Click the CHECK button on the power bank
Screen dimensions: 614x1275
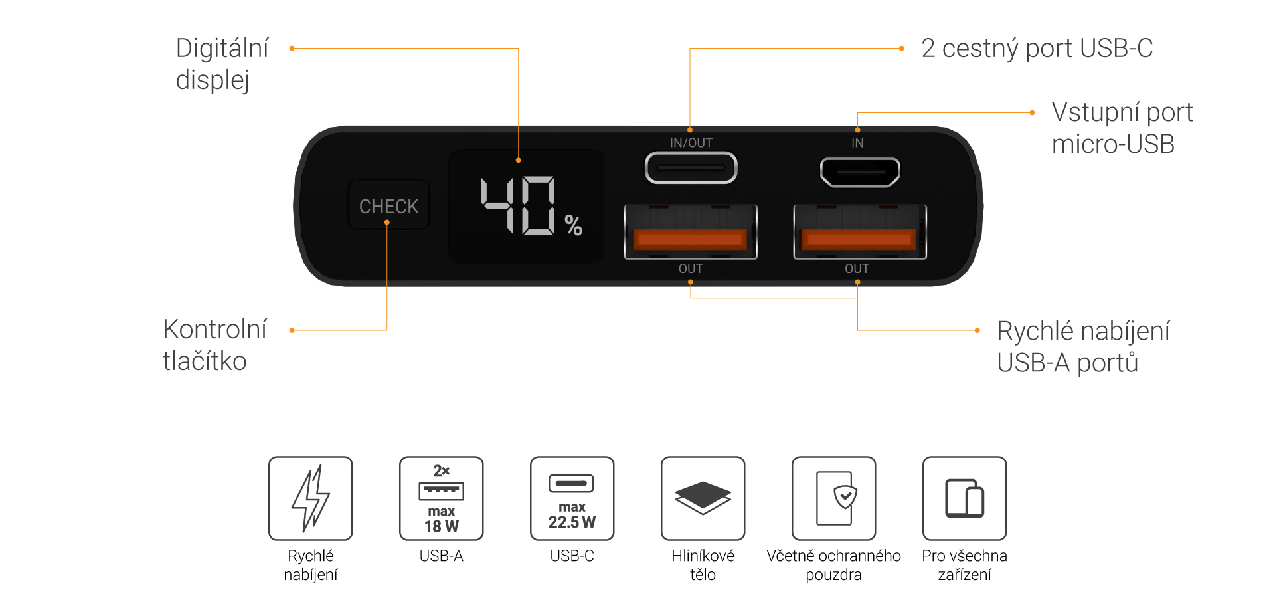point(389,206)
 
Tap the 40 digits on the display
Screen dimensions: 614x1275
point(518,205)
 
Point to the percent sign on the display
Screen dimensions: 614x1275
point(574,225)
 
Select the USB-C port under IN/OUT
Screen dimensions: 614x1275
point(691,168)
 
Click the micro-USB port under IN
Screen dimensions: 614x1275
point(860,172)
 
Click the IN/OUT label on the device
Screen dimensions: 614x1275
point(691,143)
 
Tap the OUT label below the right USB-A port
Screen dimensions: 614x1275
point(857,268)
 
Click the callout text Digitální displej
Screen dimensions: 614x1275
point(222,64)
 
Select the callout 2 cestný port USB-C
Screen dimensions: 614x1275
point(1037,49)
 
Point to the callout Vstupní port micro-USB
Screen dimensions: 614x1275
point(1122,128)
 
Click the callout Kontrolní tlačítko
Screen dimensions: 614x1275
point(214,345)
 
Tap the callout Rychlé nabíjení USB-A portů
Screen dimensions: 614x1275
point(1082,346)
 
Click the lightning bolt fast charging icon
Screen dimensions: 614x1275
point(311,498)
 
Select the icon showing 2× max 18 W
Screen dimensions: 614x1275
point(442,498)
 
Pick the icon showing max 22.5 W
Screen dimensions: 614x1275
point(572,498)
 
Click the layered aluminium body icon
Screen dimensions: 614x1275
point(703,498)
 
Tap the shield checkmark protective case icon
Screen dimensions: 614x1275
point(834,498)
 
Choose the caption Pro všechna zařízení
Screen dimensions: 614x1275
point(964,565)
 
